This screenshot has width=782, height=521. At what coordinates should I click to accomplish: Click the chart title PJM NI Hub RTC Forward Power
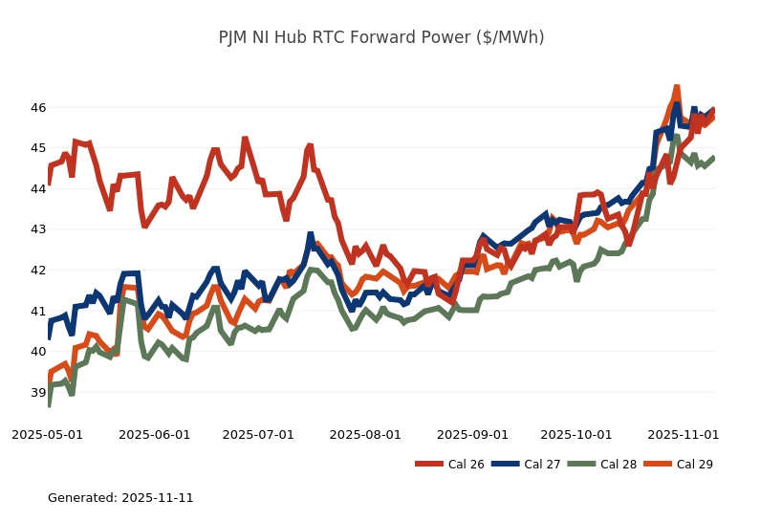pyautogui.click(x=381, y=37)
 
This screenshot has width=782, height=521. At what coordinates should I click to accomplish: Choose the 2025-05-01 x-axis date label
pyautogui.click(x=47, y=434)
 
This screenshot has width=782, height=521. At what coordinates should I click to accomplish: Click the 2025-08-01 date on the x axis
pyautogui.click(x=366, y=434)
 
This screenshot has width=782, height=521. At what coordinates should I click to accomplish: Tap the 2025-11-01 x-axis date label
pyautogui.click(x=684, y=434)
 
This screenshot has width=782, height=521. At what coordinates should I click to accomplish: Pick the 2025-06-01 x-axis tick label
pyautogui.click(x=155, y=434)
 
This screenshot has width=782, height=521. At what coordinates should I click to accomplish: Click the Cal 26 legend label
pyautogui.click(x=466, y=465)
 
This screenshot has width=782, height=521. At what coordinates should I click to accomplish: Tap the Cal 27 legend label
pyautogui.click(x=542, y=465)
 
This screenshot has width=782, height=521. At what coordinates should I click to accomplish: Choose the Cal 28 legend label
pyautogui.click(x=619, y=465)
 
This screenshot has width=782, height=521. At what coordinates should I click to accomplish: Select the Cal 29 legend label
pyautogui.click(x=695, y=465)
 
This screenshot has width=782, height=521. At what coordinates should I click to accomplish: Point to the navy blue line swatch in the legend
pyautogui.click(x=504, y=465)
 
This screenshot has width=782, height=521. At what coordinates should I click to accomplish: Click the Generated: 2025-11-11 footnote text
pyautogui.click(x=120, y=498)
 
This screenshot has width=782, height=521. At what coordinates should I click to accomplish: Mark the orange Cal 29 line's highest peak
pyautogui.click(x=676, y=87)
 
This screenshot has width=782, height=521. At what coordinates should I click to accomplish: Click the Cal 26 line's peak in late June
pyautogui.click(x=245, y=139)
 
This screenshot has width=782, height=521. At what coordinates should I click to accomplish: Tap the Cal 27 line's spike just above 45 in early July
pyautogui.click(x=310, y=233)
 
